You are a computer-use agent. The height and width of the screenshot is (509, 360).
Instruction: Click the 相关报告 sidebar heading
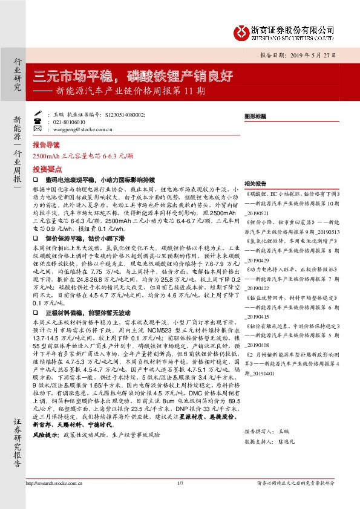tap(255, 183)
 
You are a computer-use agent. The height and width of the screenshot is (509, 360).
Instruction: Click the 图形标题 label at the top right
tap(255, 115)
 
